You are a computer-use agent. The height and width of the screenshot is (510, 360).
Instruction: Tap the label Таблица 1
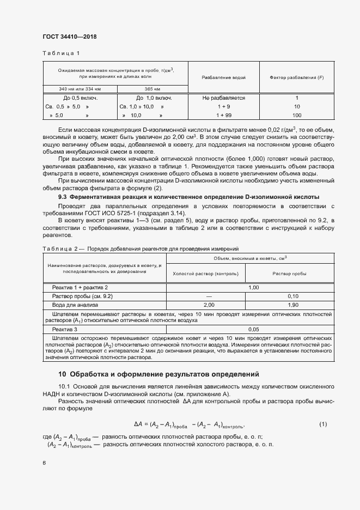[61, 53]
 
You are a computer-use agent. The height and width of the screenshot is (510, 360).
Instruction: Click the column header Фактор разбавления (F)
[296, 77]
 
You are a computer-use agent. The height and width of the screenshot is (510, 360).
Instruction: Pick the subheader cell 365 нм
[152, 89]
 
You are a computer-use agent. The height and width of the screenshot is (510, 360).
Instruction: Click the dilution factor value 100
[296, 116]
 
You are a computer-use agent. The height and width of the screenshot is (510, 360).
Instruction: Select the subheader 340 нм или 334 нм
[80, 89]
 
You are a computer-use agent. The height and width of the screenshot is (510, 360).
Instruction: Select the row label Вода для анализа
[75, 305]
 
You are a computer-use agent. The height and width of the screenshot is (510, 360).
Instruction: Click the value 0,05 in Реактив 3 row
[253, 330]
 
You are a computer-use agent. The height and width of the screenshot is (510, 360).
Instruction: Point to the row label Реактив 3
[65, 330]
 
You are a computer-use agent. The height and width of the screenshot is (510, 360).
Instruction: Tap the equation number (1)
[322, 423]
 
